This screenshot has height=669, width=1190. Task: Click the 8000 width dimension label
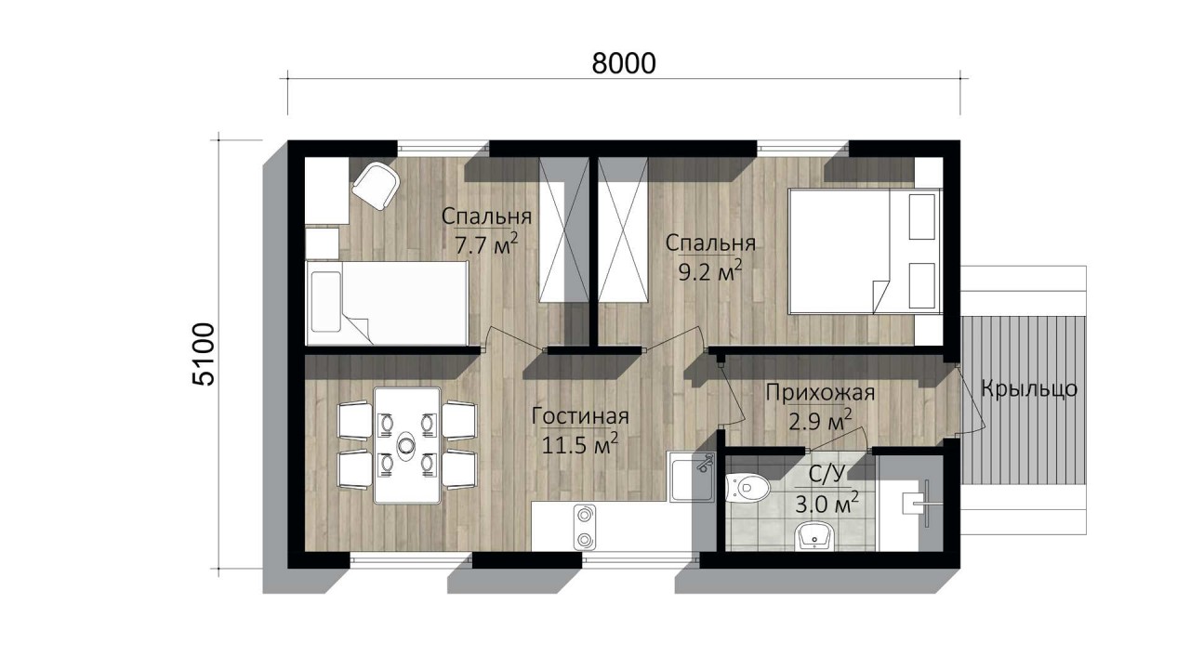tap(624, 64)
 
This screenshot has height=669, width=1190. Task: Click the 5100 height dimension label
tap(204, 354)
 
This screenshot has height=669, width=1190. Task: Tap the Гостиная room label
tap(580, 416)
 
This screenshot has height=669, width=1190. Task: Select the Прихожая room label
tap(820, 393)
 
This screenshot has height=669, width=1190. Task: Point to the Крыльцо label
tap(1029, 388)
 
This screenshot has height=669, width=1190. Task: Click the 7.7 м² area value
tap(486, 244)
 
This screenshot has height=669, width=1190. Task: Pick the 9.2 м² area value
tap(710, 271)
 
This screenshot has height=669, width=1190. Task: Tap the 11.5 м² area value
tap(579, 444)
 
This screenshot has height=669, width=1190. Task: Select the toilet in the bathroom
tap(747, 487)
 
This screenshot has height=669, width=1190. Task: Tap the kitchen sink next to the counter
tap(691, 477)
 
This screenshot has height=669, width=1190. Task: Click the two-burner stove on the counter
tap(585, 527)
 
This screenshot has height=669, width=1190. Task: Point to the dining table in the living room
tap(407, 445)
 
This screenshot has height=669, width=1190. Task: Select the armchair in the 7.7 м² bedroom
tap(377, 186)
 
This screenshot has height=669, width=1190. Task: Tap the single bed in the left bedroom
tap(387, 303)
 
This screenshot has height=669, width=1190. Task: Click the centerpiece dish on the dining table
tap(407, 444)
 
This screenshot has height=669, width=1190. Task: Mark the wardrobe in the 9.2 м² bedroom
tap(623, 230)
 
